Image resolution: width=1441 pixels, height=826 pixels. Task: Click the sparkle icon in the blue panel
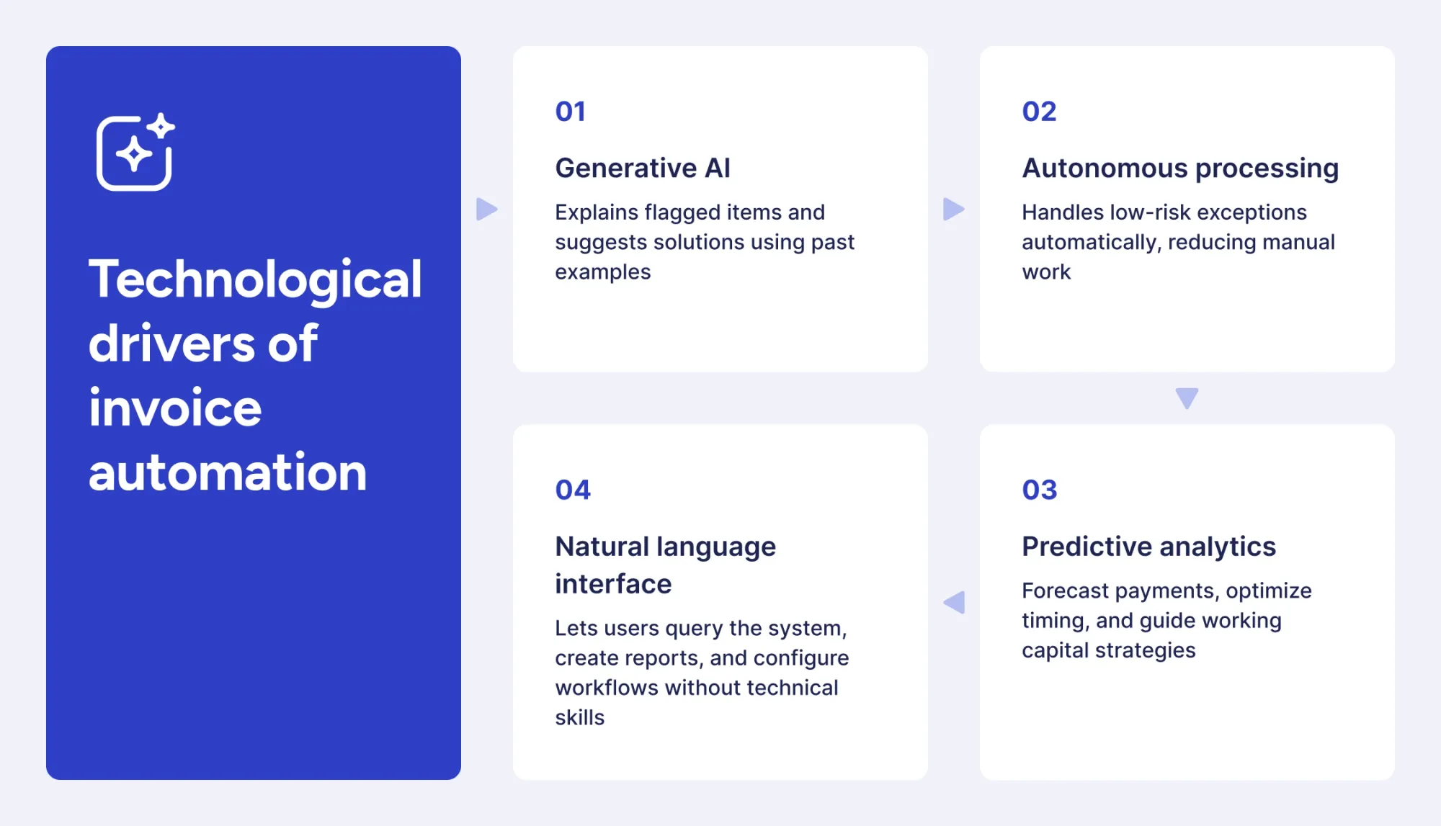[x=135, y=152]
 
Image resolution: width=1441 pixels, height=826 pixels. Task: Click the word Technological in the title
[x=255, y=279]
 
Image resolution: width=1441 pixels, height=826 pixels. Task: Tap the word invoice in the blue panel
[x=175, y=408]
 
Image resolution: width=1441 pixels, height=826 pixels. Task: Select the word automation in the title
[x=228, y=472]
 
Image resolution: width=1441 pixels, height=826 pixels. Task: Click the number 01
[x=570, y=112]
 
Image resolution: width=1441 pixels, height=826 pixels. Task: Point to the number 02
[x=1039, y=112]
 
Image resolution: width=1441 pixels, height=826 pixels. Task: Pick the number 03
[x=1039, y=490]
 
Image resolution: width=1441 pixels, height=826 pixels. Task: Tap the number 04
[x=573, y=490]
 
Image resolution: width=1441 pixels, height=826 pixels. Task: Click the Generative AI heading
[x=643, y=168]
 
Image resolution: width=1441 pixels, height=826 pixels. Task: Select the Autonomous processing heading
[x=1180, y=168]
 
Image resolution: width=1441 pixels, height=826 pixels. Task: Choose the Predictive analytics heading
[x=1148, y=547]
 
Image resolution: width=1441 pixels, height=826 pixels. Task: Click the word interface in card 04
[x=613, y=584]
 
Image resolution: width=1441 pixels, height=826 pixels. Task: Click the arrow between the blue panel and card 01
[x=486, y=210]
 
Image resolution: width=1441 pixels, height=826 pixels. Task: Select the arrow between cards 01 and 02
[x=953, y=210]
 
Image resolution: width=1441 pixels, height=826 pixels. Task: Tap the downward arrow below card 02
[x=1187, y=398]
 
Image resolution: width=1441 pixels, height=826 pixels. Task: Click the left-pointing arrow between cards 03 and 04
[x=955, y=602]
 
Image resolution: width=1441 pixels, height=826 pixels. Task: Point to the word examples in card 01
[x=602, y=272]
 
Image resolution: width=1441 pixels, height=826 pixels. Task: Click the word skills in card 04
[x=579, y=717]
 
